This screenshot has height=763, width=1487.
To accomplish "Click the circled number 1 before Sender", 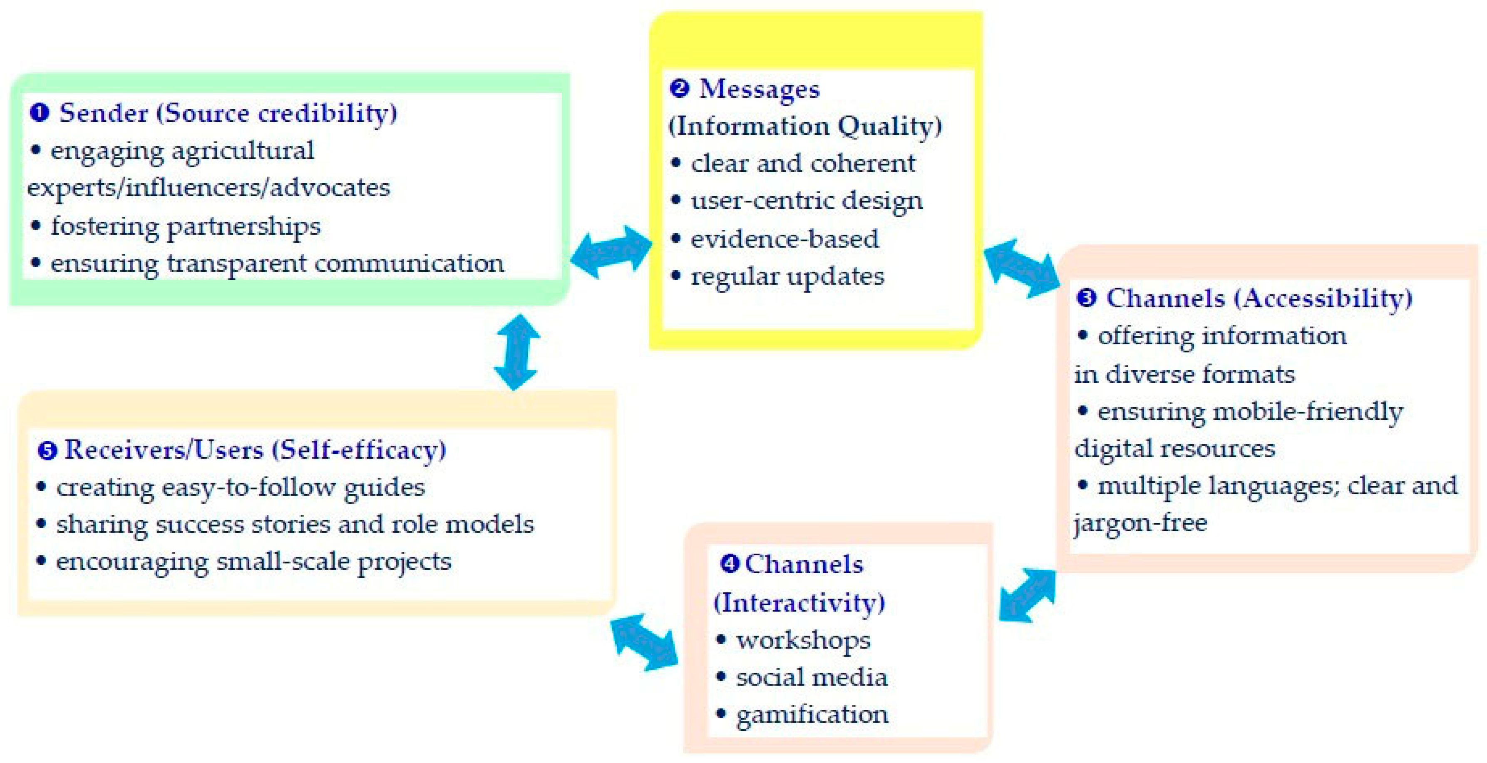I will click(39, 112).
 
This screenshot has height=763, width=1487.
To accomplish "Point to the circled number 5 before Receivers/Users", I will click(47, 450).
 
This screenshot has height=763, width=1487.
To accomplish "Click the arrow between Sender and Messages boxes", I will click(611, 252).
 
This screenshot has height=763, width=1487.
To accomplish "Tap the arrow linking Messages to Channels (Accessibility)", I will click(1022, 269).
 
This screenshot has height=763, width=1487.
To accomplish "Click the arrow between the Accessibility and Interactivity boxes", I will click(1028, 596).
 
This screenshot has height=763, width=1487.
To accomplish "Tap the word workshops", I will click(803, 640).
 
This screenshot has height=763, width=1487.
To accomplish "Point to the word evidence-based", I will click(784, 239).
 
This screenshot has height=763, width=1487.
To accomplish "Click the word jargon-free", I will click(1140, 523).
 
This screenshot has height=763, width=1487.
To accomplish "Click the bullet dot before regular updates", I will click(676, 276).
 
